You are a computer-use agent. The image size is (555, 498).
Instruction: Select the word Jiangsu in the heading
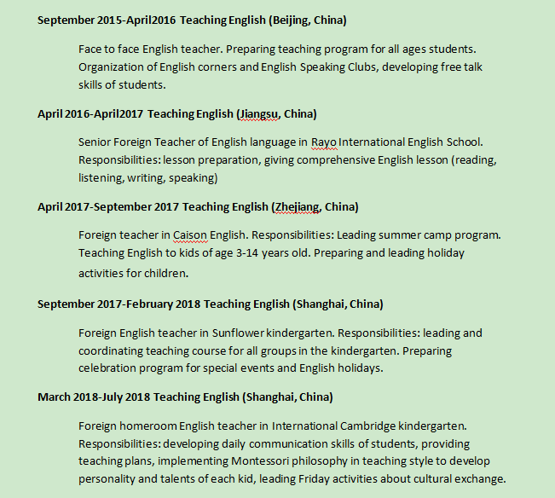259,113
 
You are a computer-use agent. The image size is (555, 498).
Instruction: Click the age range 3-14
246,252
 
